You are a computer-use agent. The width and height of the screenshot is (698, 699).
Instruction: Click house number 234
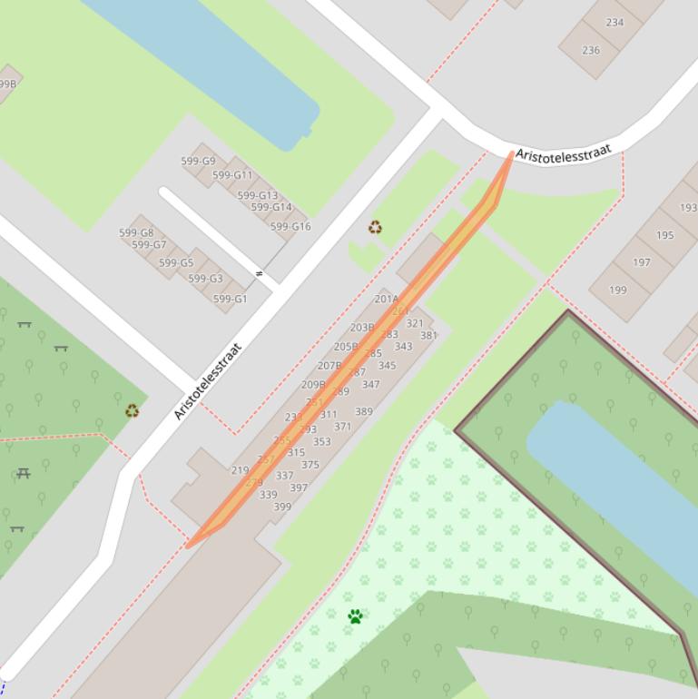pyautogui.click(x=614, y=23)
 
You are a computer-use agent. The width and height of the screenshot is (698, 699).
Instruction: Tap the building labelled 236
pyautogui.click(x=591, y=50)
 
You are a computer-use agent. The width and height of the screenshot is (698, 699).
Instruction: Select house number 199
pyautogui.click(x=617, y=290)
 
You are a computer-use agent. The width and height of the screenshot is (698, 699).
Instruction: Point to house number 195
pyautogui.click(x=665, y=235)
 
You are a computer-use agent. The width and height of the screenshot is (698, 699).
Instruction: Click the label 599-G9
pyautogui.click(x=198, y=162)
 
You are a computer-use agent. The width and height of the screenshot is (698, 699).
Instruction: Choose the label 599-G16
pyautogui.click(x=290, y=227)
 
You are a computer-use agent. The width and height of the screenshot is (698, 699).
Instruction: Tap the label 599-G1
pyautogui.click(x=230, y=299)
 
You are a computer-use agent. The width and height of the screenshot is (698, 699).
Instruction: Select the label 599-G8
pyautogui.click(x=136, y=233)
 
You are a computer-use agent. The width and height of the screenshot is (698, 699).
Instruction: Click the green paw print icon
pyautogui.click(x=355, y=616)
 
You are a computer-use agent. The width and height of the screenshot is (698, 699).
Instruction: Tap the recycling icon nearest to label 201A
pyautogui.click(x=376, y=227)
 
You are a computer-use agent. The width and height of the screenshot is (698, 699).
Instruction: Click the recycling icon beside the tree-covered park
pyautogui.click(x=132, y=410)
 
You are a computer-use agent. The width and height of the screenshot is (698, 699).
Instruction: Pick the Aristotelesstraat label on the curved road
pyautogui.click(x=564, y=153)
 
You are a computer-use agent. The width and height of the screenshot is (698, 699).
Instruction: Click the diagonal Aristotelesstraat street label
pyautogui.click(x=209, y=380)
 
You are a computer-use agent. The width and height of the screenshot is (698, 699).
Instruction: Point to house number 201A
pyautogui.click(x=387, y=299)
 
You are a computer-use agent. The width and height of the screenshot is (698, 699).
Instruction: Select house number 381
pyautogui.click(x=428, y=335)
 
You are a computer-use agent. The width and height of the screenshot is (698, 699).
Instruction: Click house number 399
pyautogui.click(x=282, y=507)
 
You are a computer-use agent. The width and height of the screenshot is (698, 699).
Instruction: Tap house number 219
pyautogui.click(x=240, y=470)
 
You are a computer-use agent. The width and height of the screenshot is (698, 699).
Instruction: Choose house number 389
pyautogui.click(x=363, y=411)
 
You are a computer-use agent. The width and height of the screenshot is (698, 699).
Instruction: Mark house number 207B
pyautogui.click(x=329, y=366)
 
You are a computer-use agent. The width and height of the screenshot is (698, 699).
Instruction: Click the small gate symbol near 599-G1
pyautogui.click(x=260, y=273)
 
